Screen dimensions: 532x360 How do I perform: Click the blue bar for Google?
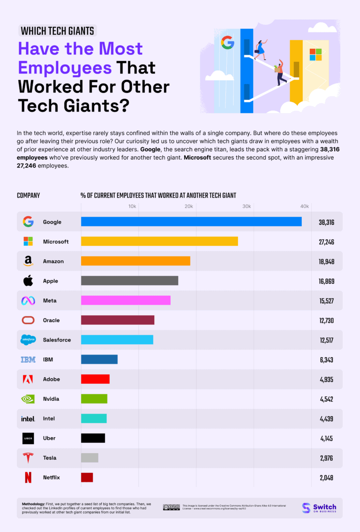[191, 222]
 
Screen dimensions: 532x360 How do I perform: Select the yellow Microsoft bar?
[159, 241]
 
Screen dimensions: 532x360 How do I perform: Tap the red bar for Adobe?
[95, 379]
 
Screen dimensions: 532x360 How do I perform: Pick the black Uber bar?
[93, 438]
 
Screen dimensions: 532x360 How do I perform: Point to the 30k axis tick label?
[247, 206]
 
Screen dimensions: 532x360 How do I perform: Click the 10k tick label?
[132, 206]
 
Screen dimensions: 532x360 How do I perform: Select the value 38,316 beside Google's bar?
[326, 222]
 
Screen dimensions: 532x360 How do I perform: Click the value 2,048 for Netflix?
[326, 478]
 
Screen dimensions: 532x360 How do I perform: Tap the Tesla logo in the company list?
[28, 458]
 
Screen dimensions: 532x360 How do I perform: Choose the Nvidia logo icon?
[28, 399]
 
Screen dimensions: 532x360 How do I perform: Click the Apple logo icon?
[28, 281]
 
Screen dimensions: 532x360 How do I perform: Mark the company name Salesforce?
[57, 340]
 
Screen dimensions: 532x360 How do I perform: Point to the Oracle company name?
[51, 320]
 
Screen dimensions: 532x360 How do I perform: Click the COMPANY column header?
[29, 195]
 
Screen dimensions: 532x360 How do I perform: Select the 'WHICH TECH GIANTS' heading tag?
[58, 31]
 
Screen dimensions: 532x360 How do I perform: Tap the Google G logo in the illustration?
[228, 43]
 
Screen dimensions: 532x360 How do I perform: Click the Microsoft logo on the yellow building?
[315, 54]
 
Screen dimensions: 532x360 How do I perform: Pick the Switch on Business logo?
[319, 508]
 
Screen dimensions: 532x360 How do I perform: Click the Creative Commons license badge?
[171, 507]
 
